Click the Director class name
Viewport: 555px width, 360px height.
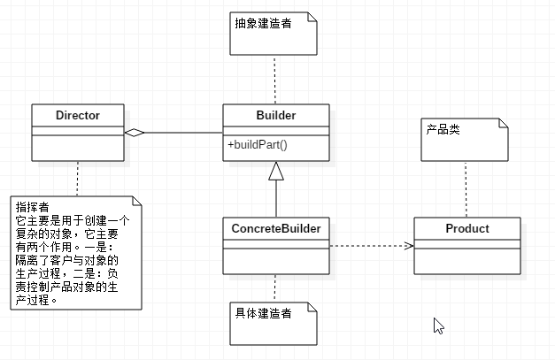[x=77, y=115]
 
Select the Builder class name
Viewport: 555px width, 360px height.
[x=276, y=115]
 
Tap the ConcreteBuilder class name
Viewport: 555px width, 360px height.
[x=275, y=229]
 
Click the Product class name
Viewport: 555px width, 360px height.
[x=467, y=229]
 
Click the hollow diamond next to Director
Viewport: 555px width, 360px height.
[x=134, y=133]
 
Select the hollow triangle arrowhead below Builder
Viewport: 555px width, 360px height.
[x=276, y=170]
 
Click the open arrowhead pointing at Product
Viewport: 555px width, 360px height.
[x=408, y=246]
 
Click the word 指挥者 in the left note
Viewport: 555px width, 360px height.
[x=32, y=206]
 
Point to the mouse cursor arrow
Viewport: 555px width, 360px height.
[x=437, y=326]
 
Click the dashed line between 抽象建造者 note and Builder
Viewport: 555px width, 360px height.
[x=276, y=80]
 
